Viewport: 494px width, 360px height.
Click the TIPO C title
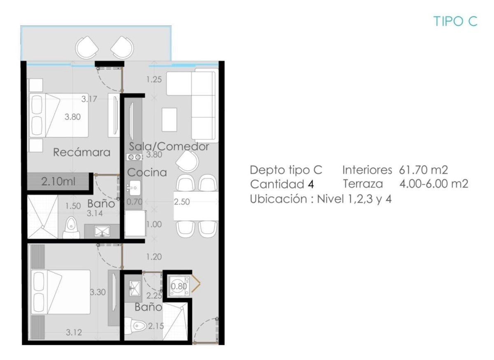click(455, 21)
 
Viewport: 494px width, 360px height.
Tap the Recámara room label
click(82, 152)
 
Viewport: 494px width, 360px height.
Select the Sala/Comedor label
click(169, 146)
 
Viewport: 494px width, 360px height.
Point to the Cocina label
click(147, 172)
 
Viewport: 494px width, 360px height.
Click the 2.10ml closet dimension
click(58, 182)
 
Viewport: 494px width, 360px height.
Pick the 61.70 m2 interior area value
click(424, 170)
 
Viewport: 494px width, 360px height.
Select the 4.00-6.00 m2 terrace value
click(434, 184)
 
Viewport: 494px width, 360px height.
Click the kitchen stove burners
click(134, 157)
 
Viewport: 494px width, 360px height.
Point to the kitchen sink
click(134, 188)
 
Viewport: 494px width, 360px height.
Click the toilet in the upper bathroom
click(71, 228)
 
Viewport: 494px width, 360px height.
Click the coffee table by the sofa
click(169, 120)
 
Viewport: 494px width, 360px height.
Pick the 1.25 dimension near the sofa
click(154, 79)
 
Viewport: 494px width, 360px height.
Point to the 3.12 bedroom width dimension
click(74, 332)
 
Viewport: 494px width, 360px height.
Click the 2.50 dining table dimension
click(182, 202)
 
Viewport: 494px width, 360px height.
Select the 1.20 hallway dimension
click(154, 257)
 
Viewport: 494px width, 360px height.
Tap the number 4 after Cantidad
click(311, 184)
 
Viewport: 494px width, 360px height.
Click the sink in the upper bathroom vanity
click(102, 231)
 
